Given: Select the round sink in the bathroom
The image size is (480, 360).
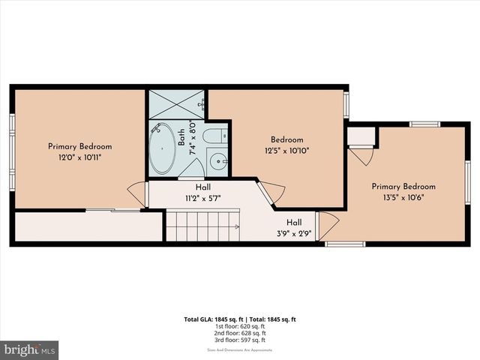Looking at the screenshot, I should pos(216,160).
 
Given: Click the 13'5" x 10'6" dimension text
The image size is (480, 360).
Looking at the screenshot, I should pos(403,199).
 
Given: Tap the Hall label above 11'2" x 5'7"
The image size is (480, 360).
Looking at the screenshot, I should pos(203,187).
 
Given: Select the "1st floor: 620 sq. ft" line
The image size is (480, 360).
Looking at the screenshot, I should pos(239,326).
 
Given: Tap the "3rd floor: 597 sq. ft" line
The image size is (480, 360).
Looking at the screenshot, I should pos(239,340).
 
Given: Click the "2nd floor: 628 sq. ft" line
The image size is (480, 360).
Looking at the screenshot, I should pos(239,333).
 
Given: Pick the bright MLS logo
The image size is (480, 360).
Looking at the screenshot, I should pos(30,350).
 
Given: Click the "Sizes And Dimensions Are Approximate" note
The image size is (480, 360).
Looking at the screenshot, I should pos(239,349).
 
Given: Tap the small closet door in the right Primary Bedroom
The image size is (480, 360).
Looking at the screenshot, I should pos(361,155).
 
